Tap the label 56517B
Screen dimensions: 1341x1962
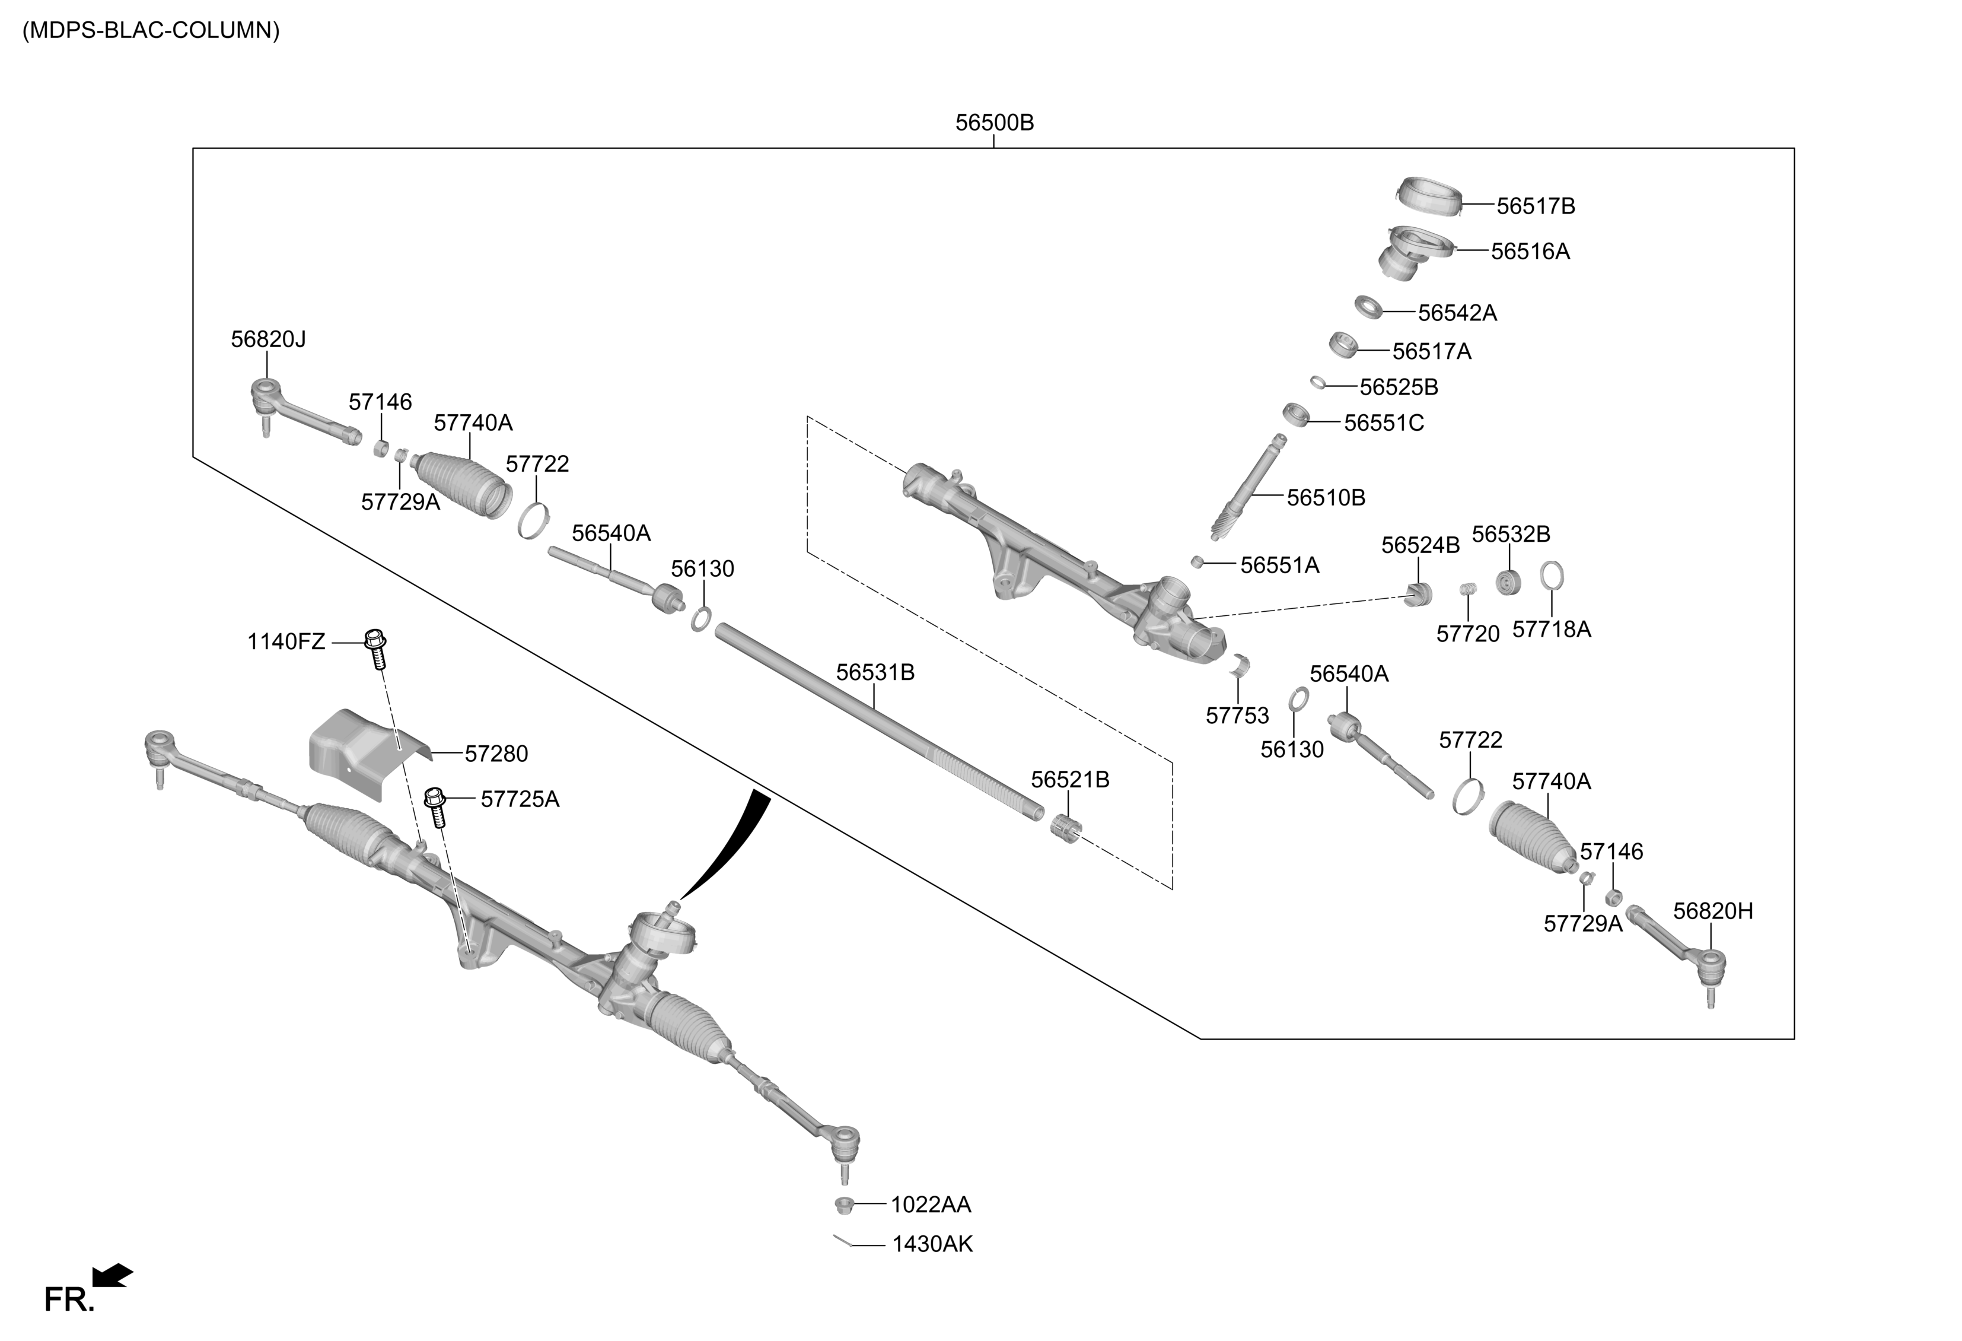1535,206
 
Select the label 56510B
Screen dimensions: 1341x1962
1326,498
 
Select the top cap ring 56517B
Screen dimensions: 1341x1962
1428,196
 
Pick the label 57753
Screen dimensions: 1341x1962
1237,716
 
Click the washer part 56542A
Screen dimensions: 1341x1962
1368,307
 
